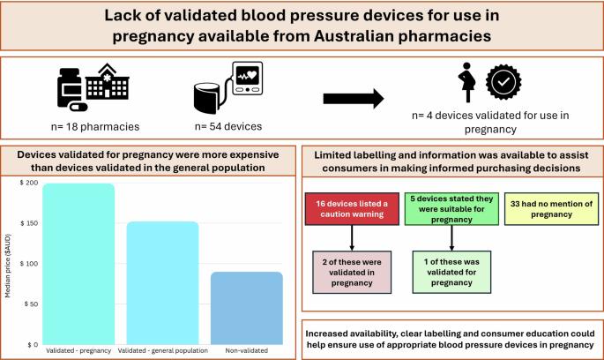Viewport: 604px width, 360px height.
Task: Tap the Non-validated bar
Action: (247, 308)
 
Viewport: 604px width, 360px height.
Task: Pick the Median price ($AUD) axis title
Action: (8, 264)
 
